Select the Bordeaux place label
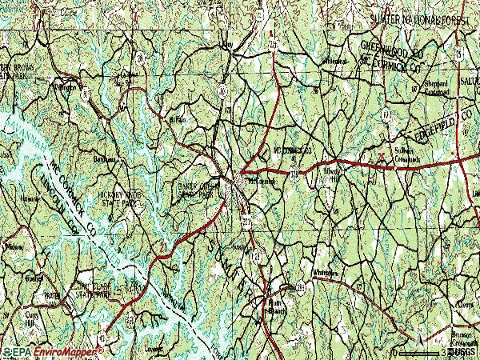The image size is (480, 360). (105, 159)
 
